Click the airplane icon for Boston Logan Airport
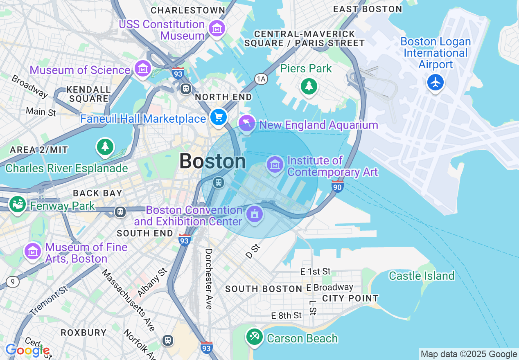click(436, 83)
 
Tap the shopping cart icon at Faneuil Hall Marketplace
click(219, 117)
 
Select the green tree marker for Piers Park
click(309, 86)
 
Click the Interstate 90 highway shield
click(337, 186)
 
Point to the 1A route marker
click(261, 79)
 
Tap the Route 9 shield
click(13, 282)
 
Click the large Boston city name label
click(212, 161)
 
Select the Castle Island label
click(422, 276)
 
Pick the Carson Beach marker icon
click(254, 337)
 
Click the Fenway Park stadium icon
click(17, 204)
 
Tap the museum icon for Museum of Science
click(143, 69)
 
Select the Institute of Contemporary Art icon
click(275, 164)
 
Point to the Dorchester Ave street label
click(209, 279)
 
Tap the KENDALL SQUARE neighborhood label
click(89, 94)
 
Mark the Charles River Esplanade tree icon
click(105, 146)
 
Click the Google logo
click(27, 351)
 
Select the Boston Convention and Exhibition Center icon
click(255, 214)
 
